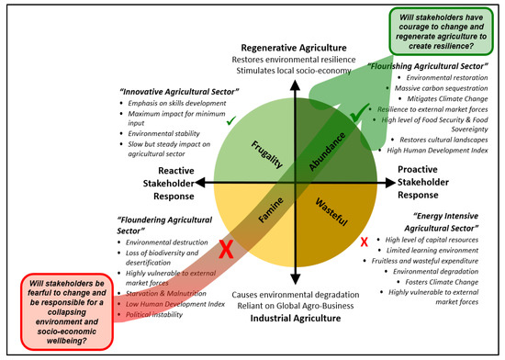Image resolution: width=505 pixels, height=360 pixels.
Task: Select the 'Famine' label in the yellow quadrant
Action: [x=264, y=222]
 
